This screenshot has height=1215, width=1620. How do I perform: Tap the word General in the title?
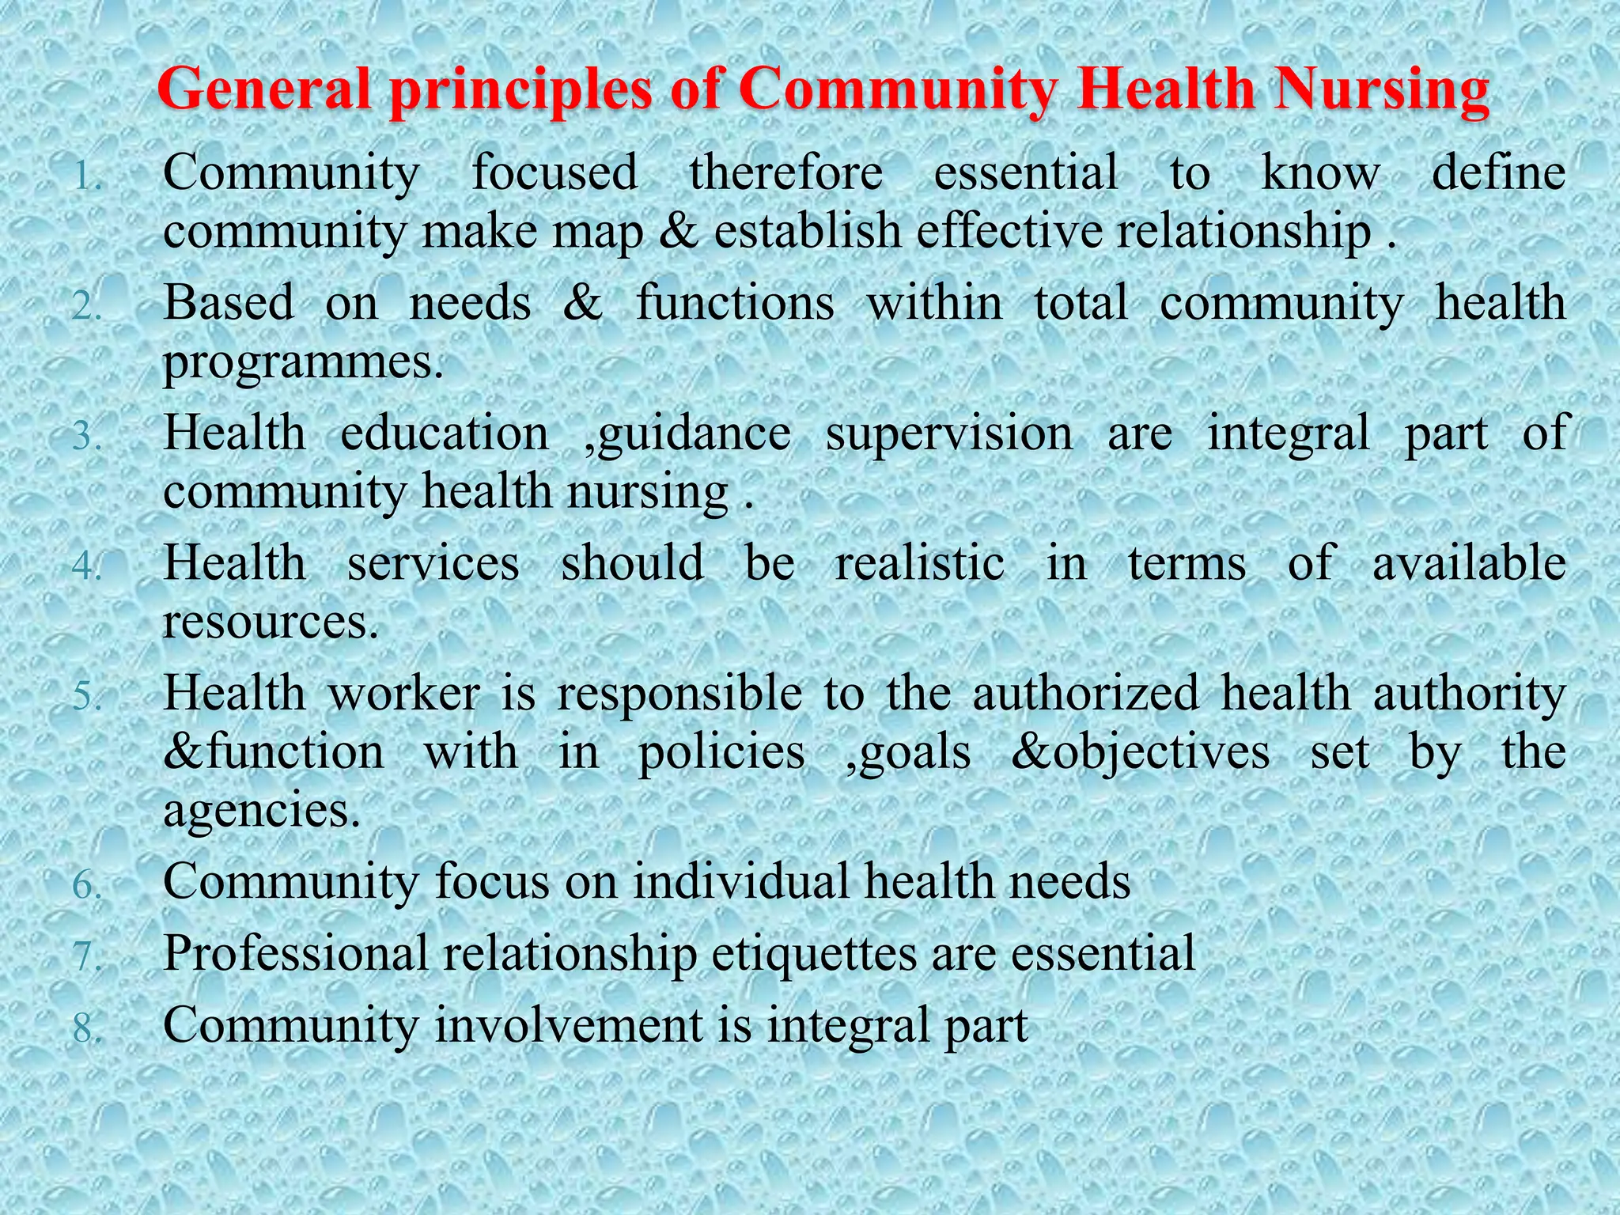pos(265,89)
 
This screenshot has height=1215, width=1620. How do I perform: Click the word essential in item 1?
pos(1026,172)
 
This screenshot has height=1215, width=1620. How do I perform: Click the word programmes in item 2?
pos(302,362)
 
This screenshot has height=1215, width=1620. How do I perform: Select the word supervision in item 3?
pos(949,433)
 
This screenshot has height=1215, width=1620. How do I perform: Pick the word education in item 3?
pos(445,433)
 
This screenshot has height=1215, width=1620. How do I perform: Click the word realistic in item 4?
pos(920,563)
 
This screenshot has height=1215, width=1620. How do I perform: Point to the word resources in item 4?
pos(270,622)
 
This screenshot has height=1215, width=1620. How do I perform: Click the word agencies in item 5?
pos(261,811)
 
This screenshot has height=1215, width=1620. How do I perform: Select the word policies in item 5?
pos(721,751)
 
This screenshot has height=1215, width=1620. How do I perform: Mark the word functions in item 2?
pos(735,303)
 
